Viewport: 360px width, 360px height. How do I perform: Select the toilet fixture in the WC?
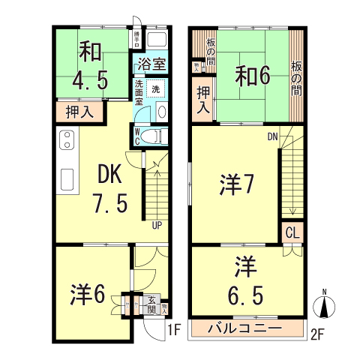[x=151, y=135]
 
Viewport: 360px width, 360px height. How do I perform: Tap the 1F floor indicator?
[x=174, y=329]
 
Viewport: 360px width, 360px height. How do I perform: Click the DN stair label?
[x=272, y=136]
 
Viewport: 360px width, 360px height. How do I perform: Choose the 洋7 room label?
[x=235, y=184]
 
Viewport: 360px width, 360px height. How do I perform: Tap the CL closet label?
[x=292, y=232]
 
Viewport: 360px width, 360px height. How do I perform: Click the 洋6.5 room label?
[x=244, y=281]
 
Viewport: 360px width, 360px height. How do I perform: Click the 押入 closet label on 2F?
[x=202, y=100]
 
